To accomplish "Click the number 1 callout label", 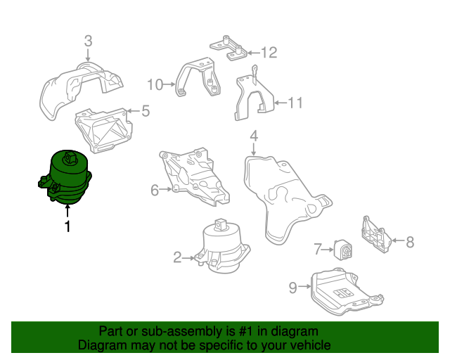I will click(67, 227).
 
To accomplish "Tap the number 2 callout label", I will click(178, 257).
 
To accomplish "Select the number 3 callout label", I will click(87, 41).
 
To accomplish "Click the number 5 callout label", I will click(146, 110).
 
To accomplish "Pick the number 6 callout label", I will click(155, 188).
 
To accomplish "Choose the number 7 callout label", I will click(318, 248).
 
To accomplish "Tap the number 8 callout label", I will click(410, 242).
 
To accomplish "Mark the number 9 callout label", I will click(293, 286).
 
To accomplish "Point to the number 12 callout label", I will click(269, 52).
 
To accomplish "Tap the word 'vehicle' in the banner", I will click(305, 345).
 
